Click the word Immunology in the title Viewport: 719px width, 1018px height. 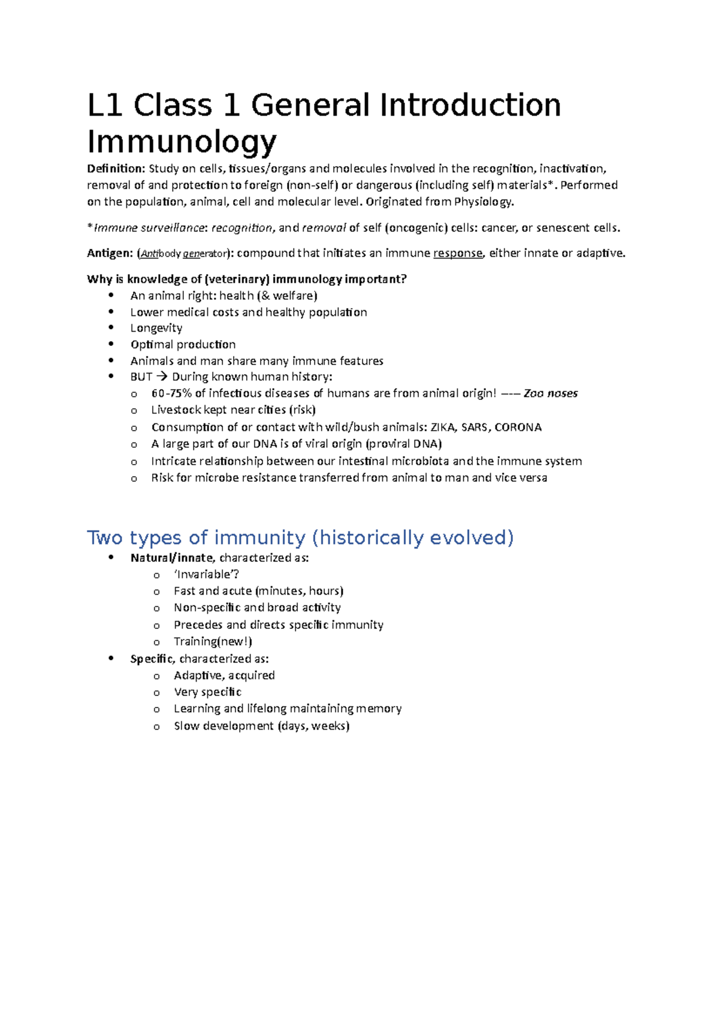pos(182,142)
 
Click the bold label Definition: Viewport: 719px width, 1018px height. pos(116,168)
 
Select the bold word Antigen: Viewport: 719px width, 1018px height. pos(110,253)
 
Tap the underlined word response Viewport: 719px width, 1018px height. pos(458,253)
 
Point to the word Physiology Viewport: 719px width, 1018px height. pos(484,201)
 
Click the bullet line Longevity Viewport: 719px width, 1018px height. pos(156,328)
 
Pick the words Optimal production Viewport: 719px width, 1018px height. pos(183,345)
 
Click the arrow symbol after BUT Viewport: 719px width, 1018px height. pos(162,377)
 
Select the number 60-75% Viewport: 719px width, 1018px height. pos(171,394)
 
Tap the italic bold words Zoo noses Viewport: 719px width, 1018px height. pos(551,394)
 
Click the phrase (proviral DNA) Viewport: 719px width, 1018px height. pos(403,444)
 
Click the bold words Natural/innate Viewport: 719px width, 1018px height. pos(171,558)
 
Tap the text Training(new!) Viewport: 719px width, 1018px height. pos(213,641)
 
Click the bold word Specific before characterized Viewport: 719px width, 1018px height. pos(152,659)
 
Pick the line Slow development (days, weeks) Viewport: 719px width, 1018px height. pos(261,726)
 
